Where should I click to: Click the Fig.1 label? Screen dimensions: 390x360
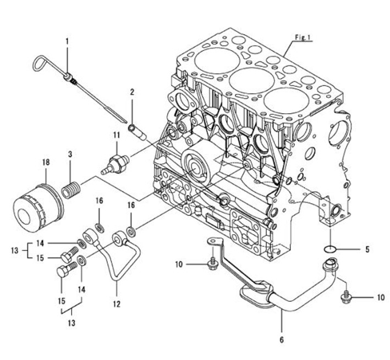point(303,37)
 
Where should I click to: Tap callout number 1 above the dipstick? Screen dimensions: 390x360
point(67,41)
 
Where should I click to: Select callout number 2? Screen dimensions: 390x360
point(132,92)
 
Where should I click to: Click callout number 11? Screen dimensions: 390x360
point(117,135)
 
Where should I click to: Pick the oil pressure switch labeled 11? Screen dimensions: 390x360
point(115,164)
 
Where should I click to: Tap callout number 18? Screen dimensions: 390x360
point(46,163)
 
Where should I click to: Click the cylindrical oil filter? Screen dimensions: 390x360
point(39,207)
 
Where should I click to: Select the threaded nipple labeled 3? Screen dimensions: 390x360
point(70,190)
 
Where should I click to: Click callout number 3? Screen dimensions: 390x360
point(70,154)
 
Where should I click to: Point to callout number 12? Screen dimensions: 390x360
point(117,304)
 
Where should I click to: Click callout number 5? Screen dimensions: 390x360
point(367,249)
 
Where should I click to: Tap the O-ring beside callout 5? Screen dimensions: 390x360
point(330,248)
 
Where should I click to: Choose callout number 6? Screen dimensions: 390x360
point(282,340)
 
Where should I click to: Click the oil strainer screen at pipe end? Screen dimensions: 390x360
point(256,293)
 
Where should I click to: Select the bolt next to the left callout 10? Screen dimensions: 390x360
point(213,264)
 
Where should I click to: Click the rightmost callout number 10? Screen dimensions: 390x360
point(381,297)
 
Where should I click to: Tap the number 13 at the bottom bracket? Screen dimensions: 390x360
point(72,323)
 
